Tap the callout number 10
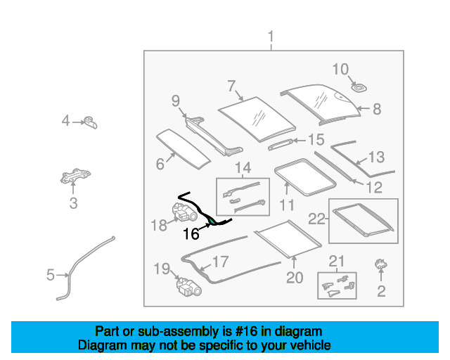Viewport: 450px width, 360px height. [x=340, y=69]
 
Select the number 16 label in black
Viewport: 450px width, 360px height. [x=191, y=235]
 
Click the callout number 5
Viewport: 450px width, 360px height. [x=50, y=275]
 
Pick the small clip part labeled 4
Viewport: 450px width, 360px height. [x=91, y=122]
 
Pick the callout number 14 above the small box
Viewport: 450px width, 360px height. [x=243, y=168]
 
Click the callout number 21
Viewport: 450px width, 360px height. [x=337, y=262]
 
